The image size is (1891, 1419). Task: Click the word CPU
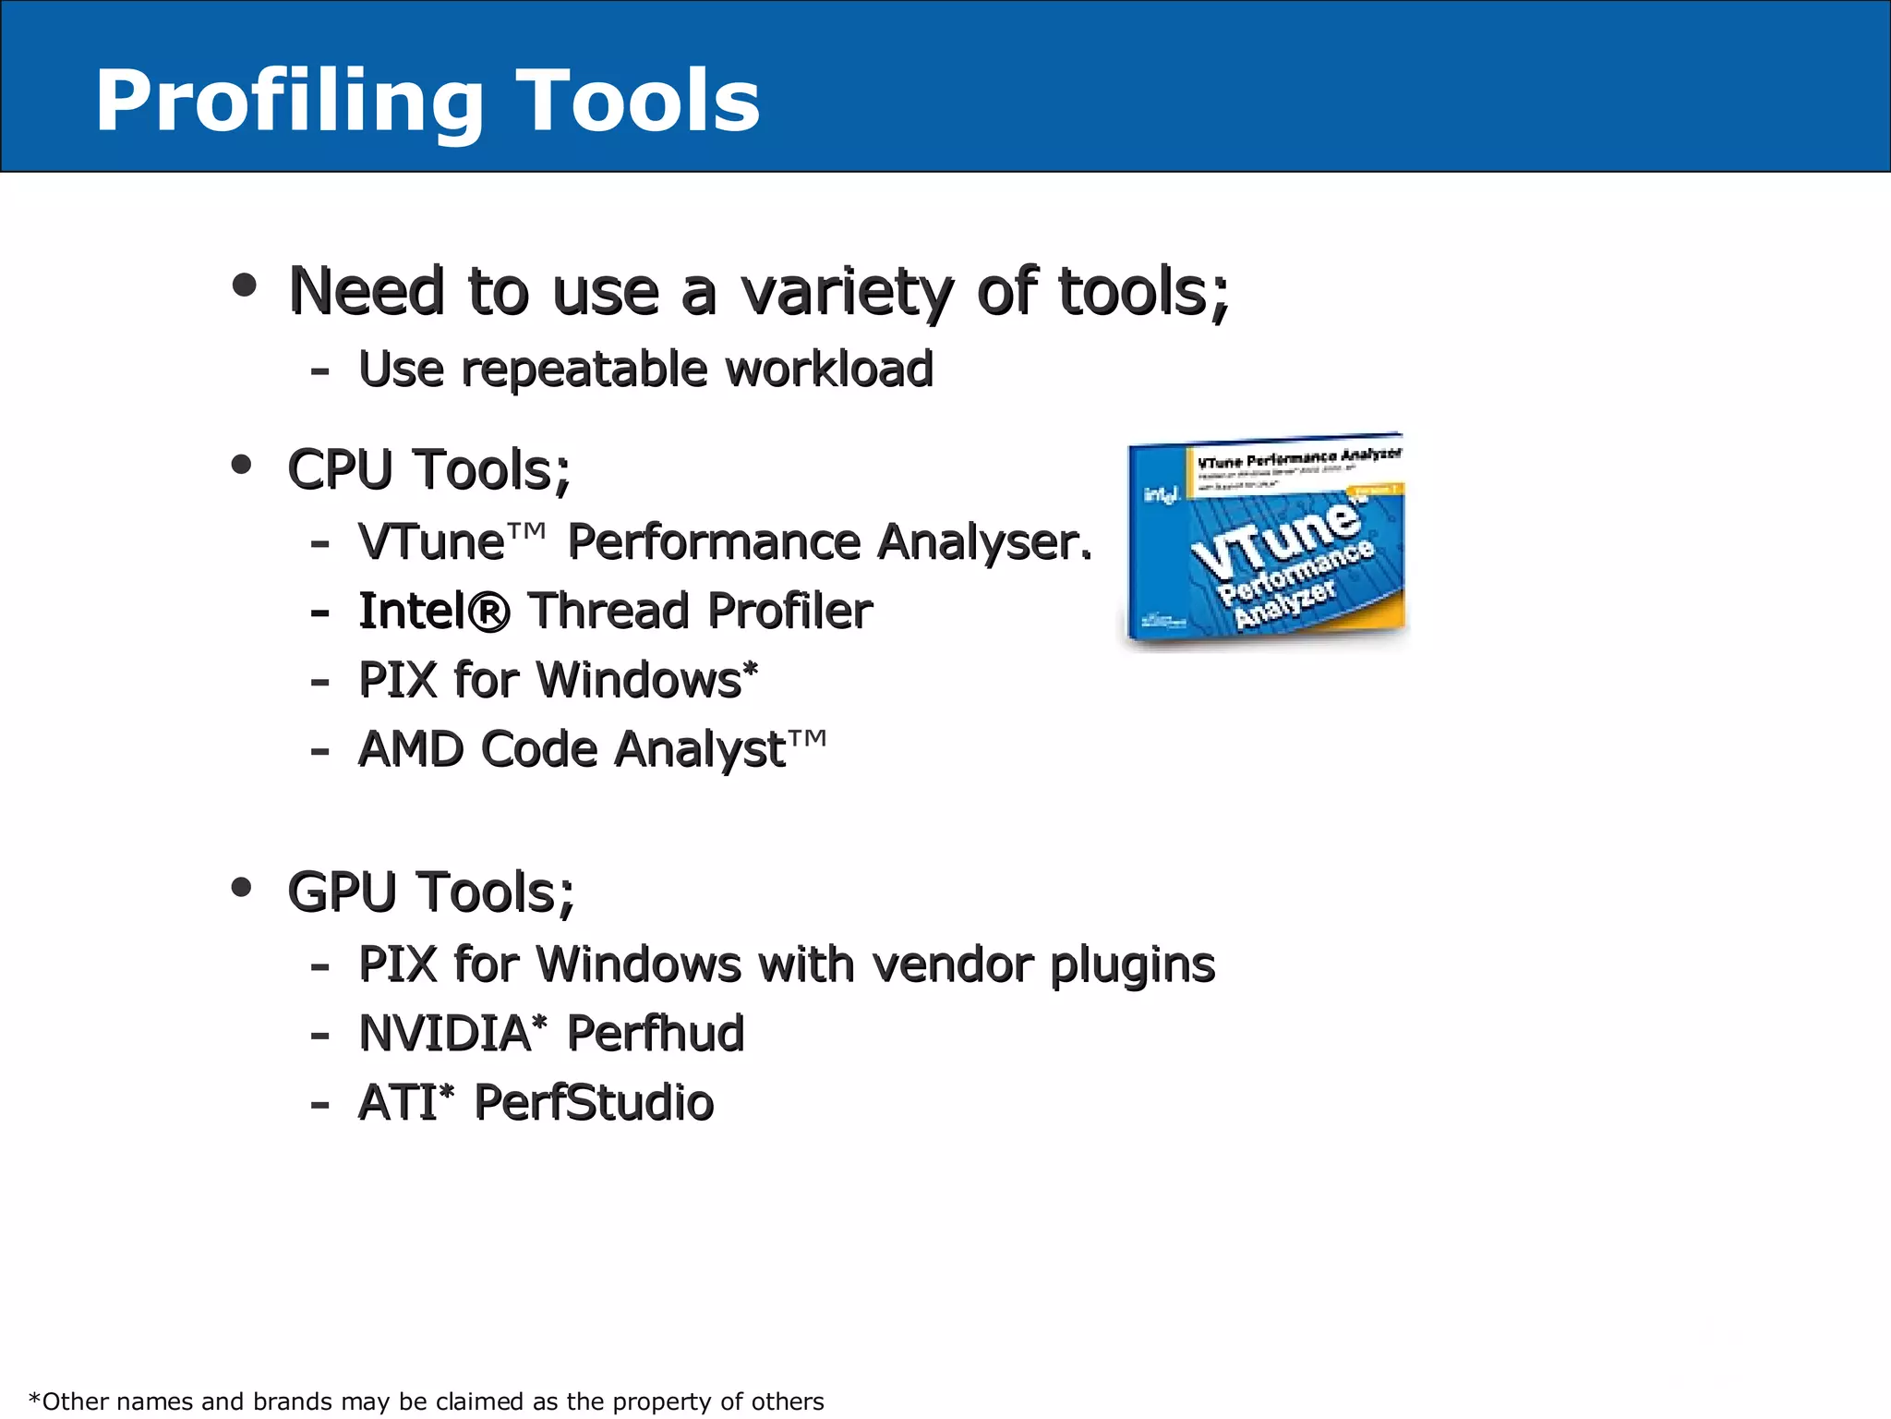click(x=341, y=469)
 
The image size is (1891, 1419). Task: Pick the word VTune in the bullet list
click(x=431, y=541)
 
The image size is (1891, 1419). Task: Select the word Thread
click(x=609, y=611)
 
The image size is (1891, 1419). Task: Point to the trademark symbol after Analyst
click(x=808, y=739)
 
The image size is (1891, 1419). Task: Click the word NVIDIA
click(x=445, y=1034)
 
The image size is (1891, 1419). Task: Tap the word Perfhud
click(x=656, y=1034)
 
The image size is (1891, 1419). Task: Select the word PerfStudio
click(x=594, y=1103)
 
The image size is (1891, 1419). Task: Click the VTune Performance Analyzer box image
click(x=1265, y=541)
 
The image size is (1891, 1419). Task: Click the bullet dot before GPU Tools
click(x=242, y=888)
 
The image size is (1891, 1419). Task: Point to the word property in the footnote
click(x=662, y=1401)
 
